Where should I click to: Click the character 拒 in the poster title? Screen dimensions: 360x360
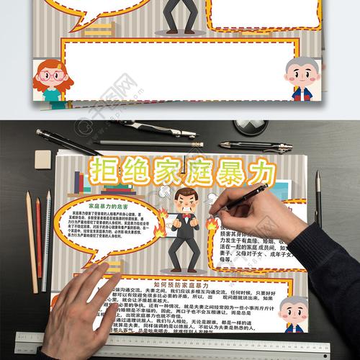coord(106,173)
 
